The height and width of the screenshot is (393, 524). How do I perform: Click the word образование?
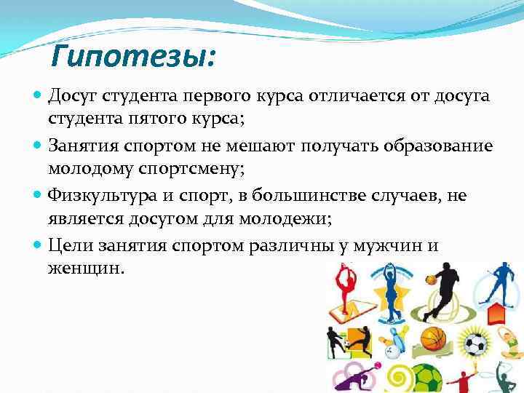point(436,146)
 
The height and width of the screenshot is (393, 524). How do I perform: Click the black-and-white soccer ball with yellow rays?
point(477,342)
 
